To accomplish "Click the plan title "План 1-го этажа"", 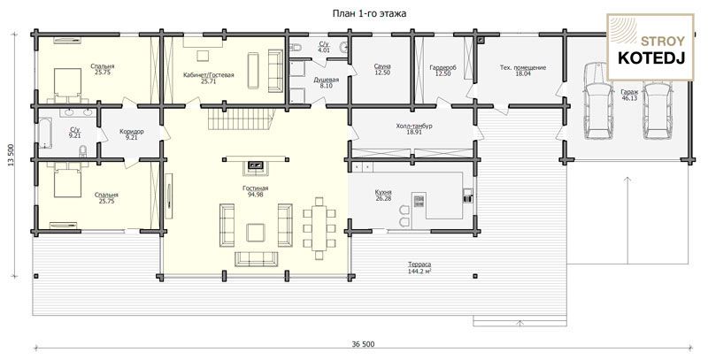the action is point(369,13).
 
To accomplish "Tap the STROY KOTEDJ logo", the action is point(650,48).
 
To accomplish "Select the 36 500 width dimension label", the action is point(363,344).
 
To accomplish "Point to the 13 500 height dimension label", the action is point(11,155).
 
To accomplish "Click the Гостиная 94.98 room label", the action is point(256,191).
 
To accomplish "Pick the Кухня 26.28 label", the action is point(383,195).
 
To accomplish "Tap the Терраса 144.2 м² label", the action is point(419,267).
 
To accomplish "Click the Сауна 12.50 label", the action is point(382,70).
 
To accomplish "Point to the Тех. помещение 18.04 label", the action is point(523,71).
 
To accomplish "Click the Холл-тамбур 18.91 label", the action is point(414,129).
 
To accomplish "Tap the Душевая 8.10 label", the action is point(326,82).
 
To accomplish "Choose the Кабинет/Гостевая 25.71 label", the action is point(209,78).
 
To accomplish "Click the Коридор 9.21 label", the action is point(132,134).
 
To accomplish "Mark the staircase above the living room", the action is point(241,119).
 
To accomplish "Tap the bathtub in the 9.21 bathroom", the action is point(45,133).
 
